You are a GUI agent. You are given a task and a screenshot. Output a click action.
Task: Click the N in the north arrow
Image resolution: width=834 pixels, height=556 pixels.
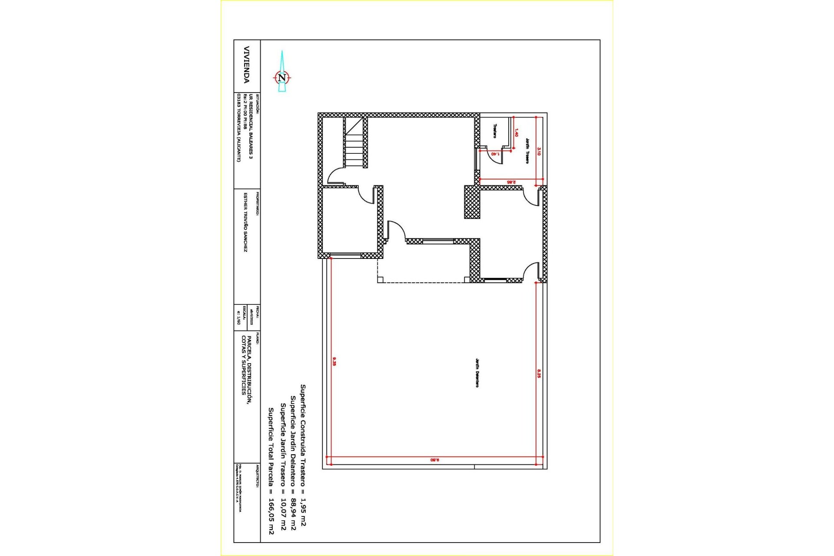coord(282,78)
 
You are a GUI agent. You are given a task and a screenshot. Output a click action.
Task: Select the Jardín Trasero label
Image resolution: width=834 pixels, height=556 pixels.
coord(527,151)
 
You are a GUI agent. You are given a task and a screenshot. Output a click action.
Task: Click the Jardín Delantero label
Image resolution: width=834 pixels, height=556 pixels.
coord(477,373)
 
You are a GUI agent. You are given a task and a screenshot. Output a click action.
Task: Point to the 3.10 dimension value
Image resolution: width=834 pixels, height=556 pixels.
coord(539,151)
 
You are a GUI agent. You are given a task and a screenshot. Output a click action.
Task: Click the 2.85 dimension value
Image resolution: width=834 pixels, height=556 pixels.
coord(511,182)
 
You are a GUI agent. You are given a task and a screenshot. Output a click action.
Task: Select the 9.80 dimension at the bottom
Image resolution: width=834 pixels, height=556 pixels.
coord(435,460)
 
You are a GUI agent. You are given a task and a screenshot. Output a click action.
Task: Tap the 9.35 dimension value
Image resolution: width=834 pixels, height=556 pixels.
coord(334,361)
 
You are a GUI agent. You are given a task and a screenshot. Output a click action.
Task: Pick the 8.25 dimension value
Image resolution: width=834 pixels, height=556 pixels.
coord(539,374)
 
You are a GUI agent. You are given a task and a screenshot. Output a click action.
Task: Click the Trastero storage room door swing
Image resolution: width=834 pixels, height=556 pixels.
coord(495,159)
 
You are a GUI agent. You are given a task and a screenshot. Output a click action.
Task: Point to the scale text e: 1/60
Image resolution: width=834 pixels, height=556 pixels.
coord(238,318)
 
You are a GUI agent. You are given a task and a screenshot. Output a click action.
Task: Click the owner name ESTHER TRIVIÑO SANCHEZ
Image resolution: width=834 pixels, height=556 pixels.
coord(245,222)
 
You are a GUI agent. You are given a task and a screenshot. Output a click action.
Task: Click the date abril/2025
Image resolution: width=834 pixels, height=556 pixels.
coord(252,318)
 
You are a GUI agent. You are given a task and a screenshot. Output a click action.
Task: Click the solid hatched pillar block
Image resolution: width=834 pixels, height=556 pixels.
coord(472,202)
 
